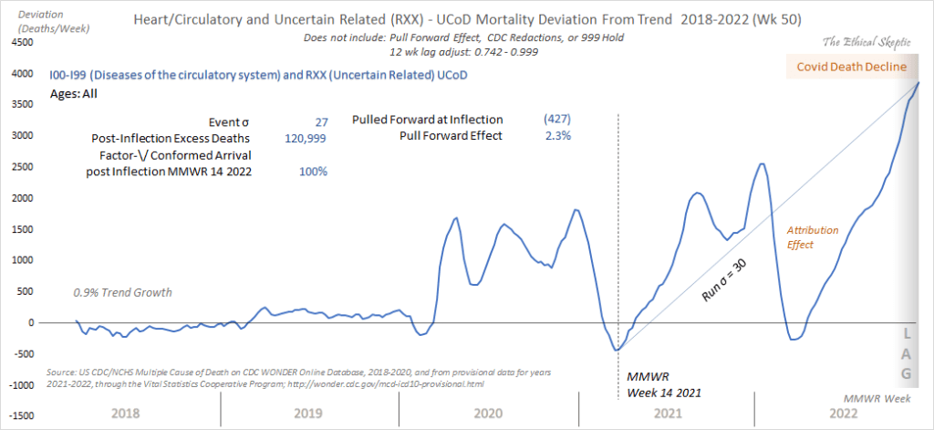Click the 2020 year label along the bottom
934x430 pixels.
click(491, 414)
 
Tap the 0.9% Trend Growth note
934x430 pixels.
click(122, 292)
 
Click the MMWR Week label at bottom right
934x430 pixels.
click(874, 399)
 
